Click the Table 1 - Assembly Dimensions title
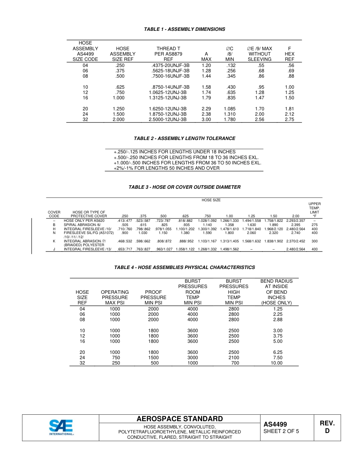[184, 29]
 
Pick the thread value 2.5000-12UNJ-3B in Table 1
[168, 119]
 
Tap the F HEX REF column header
[289, 54]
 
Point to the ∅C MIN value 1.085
[230, 109]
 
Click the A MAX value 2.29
[206, 109]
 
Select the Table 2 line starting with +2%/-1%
[166, 168]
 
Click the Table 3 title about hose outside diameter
[184, 187]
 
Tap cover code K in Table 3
[54, 241]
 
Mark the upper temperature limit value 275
[314, 225]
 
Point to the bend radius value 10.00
[276, 363]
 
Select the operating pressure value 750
[115, 358]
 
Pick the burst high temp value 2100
[234, 358]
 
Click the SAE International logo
[61, 427]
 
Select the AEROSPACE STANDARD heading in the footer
[180, 419]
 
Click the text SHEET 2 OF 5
[281, 431]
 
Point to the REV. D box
[327, 427]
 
